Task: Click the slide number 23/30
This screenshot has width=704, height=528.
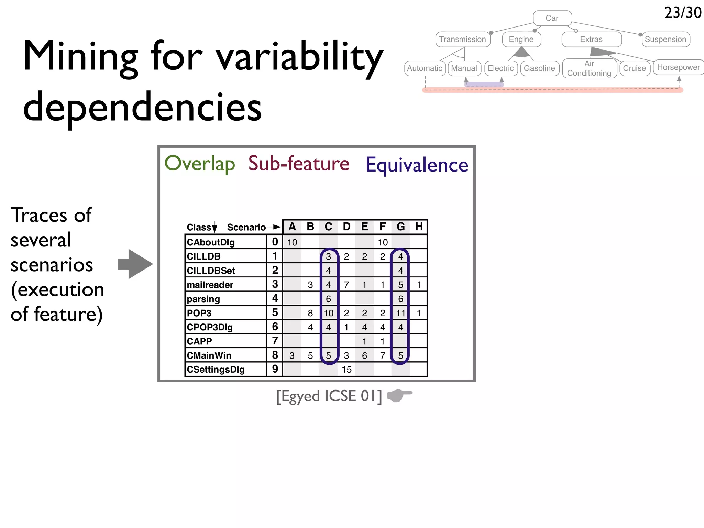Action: (x=682, y=13)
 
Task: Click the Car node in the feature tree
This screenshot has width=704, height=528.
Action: (x=552, y=18)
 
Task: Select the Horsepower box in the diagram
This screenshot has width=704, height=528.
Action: (x=678, y=67)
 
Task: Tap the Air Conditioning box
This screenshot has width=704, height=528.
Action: (x=589, y=68)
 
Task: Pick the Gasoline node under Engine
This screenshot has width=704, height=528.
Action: (x=539, y=68)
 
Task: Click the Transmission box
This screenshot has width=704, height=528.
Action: (x=462, y=39)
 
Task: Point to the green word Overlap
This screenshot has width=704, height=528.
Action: (x=200, y=164)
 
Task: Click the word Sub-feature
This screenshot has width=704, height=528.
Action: (x=299, y=164)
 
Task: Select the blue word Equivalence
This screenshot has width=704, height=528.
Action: (x=417, y=165)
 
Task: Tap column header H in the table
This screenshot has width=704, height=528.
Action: (x=419, y=227)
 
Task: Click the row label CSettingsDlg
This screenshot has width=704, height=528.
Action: (x=216, y=370)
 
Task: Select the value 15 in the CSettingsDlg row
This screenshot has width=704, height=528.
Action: (x=346, y=370)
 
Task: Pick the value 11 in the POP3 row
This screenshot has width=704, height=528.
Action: (x=400, y=313)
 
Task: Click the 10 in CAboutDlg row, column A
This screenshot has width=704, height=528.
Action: (x=292, y=242)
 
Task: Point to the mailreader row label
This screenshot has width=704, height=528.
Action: (x=210, y=285)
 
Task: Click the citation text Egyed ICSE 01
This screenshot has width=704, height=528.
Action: (x=329, y=396)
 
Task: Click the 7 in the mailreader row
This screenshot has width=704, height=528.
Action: (x=346, y=285)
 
